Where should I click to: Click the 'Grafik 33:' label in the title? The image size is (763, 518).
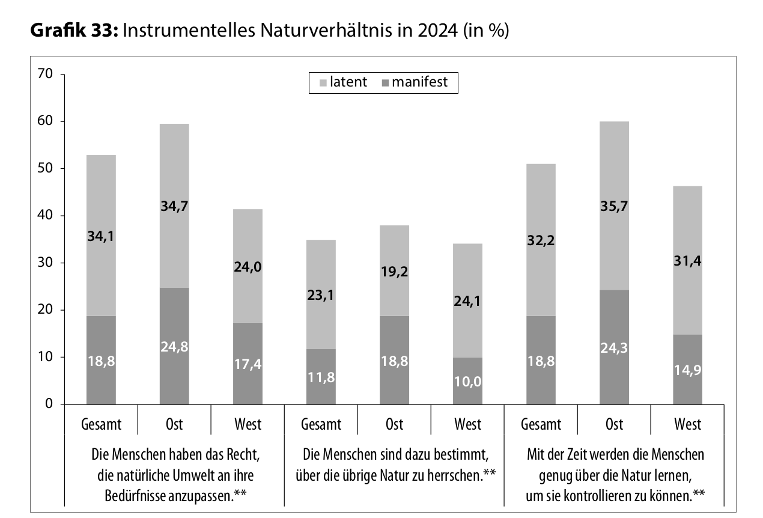[x=74, y=31]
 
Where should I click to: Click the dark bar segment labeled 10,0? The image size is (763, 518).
[x=467, y=380]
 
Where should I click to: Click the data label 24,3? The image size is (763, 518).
[x=614, y=347]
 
